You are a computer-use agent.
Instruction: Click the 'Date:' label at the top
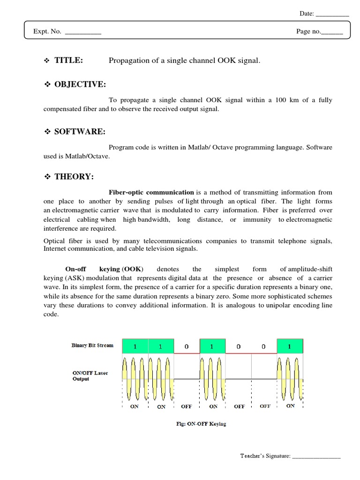[307, 14]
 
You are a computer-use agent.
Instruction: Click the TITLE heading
[69, 60]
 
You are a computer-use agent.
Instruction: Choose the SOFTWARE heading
[80, 132]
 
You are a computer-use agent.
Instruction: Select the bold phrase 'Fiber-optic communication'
[151, 192]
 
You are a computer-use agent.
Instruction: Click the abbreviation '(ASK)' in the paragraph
[73, 277]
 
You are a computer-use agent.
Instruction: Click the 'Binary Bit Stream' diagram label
[92, 345]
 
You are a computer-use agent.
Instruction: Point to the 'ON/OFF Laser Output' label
[90, 376]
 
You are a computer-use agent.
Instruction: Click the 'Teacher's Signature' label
[265, 456]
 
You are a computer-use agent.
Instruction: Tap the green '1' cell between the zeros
[212, 346]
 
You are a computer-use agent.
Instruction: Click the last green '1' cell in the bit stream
[290, 346]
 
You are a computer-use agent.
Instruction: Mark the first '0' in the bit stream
[187, 347]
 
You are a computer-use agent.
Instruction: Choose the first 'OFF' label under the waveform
[187, 406]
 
